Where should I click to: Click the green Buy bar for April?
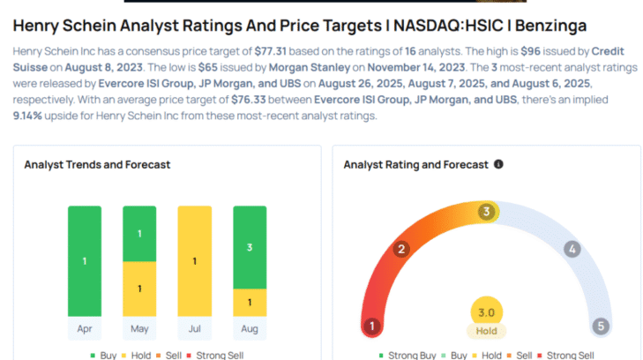tap(85, 261)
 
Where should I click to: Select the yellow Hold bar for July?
tap(194, 261)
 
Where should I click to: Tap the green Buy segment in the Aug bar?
tap(249, 248)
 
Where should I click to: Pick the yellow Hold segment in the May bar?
tap(139, 289)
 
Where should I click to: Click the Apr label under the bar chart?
tap(85, 329)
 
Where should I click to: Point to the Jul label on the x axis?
tap(194, 329)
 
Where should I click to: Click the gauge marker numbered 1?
tap(372, 326)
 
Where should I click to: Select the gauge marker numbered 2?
tap(401, 249)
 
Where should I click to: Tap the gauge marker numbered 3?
tap(486, 212)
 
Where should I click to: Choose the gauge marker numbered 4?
tap(572, 249)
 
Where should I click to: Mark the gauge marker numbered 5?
tap(601, 326)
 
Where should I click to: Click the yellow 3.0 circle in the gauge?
tap(486, 312)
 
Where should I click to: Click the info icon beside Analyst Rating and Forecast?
tap(498, 164)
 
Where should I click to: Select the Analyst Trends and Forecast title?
tap(97, 165)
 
